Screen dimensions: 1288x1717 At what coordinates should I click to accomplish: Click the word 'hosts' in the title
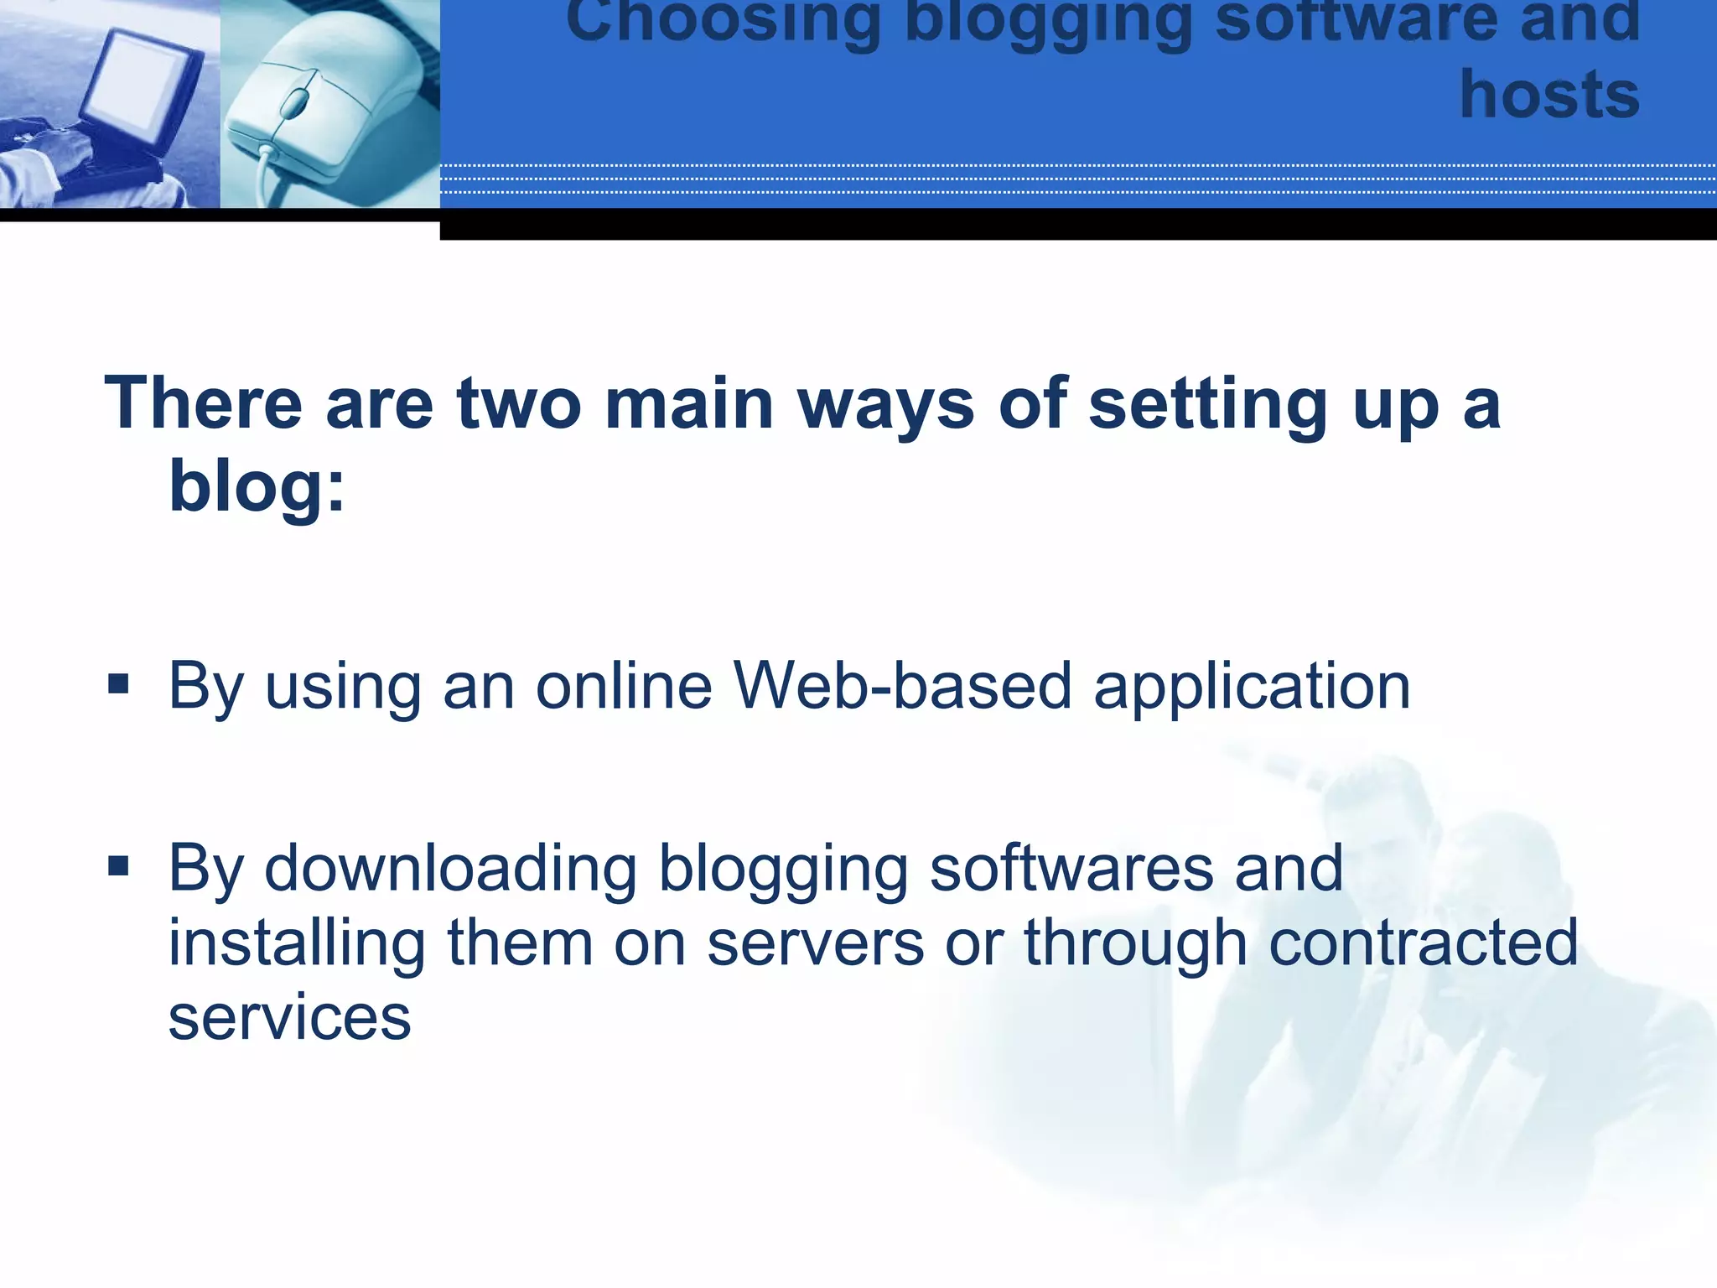[1549, 95]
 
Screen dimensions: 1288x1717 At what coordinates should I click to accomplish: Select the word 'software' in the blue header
[1356, 18]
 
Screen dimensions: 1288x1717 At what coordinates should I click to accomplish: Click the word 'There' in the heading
[203, 403]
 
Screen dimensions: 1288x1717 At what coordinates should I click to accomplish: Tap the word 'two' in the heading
[519, 403]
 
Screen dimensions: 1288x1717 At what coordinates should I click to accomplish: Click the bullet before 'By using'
[118, 683]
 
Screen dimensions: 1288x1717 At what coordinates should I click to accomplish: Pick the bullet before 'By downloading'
[118, 865]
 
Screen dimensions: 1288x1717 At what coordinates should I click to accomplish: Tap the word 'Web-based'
[903, 686]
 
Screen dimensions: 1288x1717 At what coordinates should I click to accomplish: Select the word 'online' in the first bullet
[625, 686]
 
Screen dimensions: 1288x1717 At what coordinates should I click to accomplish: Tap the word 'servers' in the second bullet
[816, 943]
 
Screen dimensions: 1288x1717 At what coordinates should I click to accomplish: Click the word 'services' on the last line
[289, 1017]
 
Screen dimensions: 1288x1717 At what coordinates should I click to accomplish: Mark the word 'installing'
[298, 943]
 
